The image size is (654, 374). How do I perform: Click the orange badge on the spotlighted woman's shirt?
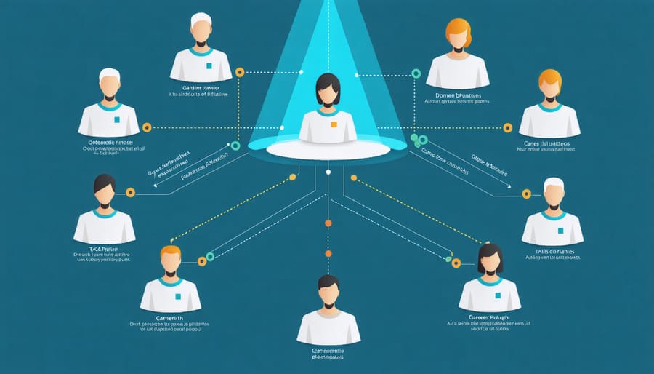[x=334, y=124]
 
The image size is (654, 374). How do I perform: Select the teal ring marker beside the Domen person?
[x=416, y=73]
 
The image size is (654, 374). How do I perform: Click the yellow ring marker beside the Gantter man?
[x=240, y=72]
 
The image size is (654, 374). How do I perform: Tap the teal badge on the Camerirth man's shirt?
[x=172, y=283]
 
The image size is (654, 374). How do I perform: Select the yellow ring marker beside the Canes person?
[x=507, y=127]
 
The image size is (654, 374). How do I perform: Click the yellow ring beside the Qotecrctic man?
[x=147, y=127]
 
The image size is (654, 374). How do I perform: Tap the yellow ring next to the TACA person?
[x=131, y=192]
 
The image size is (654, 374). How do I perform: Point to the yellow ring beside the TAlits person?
[x=526, y=194]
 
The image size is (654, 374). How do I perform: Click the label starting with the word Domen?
[x=459, y=95]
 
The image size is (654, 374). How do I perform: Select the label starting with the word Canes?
[x=550, y=143]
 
